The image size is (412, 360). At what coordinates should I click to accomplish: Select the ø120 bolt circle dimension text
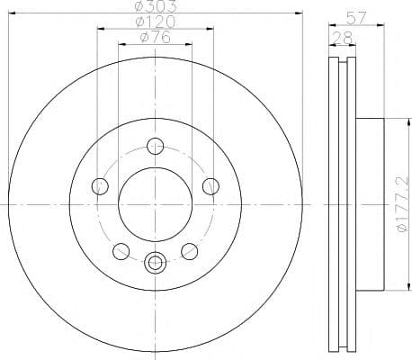155,22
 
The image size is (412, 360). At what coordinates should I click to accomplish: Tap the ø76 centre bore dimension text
155,37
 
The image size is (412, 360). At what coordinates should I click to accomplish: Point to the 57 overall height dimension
357,16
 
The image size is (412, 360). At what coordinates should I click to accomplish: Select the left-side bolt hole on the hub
100,186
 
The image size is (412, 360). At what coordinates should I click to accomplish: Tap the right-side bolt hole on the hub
210,186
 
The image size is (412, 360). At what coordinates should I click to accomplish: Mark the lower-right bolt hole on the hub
189,251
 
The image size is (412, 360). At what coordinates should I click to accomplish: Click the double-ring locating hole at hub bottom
155,263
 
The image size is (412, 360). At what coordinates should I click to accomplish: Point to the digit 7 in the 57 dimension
363,16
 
